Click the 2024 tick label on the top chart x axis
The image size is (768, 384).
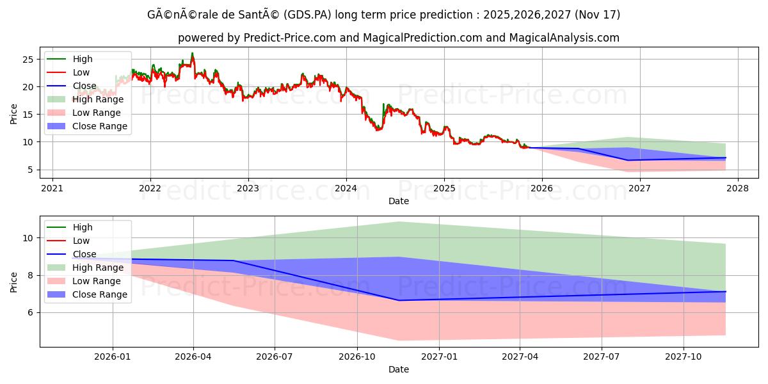click(346, 188)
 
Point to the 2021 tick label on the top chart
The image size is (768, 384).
click(52, 188)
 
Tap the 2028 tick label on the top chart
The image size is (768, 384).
click(738, 188)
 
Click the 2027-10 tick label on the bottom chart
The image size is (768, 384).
click(684, 356)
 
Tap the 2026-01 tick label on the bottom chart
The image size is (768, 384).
click(113, 356)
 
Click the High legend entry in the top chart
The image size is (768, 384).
click(82, 59)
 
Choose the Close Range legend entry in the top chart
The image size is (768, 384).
click(100, 126)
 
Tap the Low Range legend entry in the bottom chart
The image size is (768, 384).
click(96, 281)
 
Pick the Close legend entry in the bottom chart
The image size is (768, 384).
click(84, 254)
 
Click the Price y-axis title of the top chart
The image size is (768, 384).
click(14, 114)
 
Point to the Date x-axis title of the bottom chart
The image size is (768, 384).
click(398, 369)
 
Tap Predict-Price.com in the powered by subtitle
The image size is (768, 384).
click(290, 38)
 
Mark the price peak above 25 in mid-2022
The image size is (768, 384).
click(192, 54)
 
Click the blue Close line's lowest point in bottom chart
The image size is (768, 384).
click(399, 300)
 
